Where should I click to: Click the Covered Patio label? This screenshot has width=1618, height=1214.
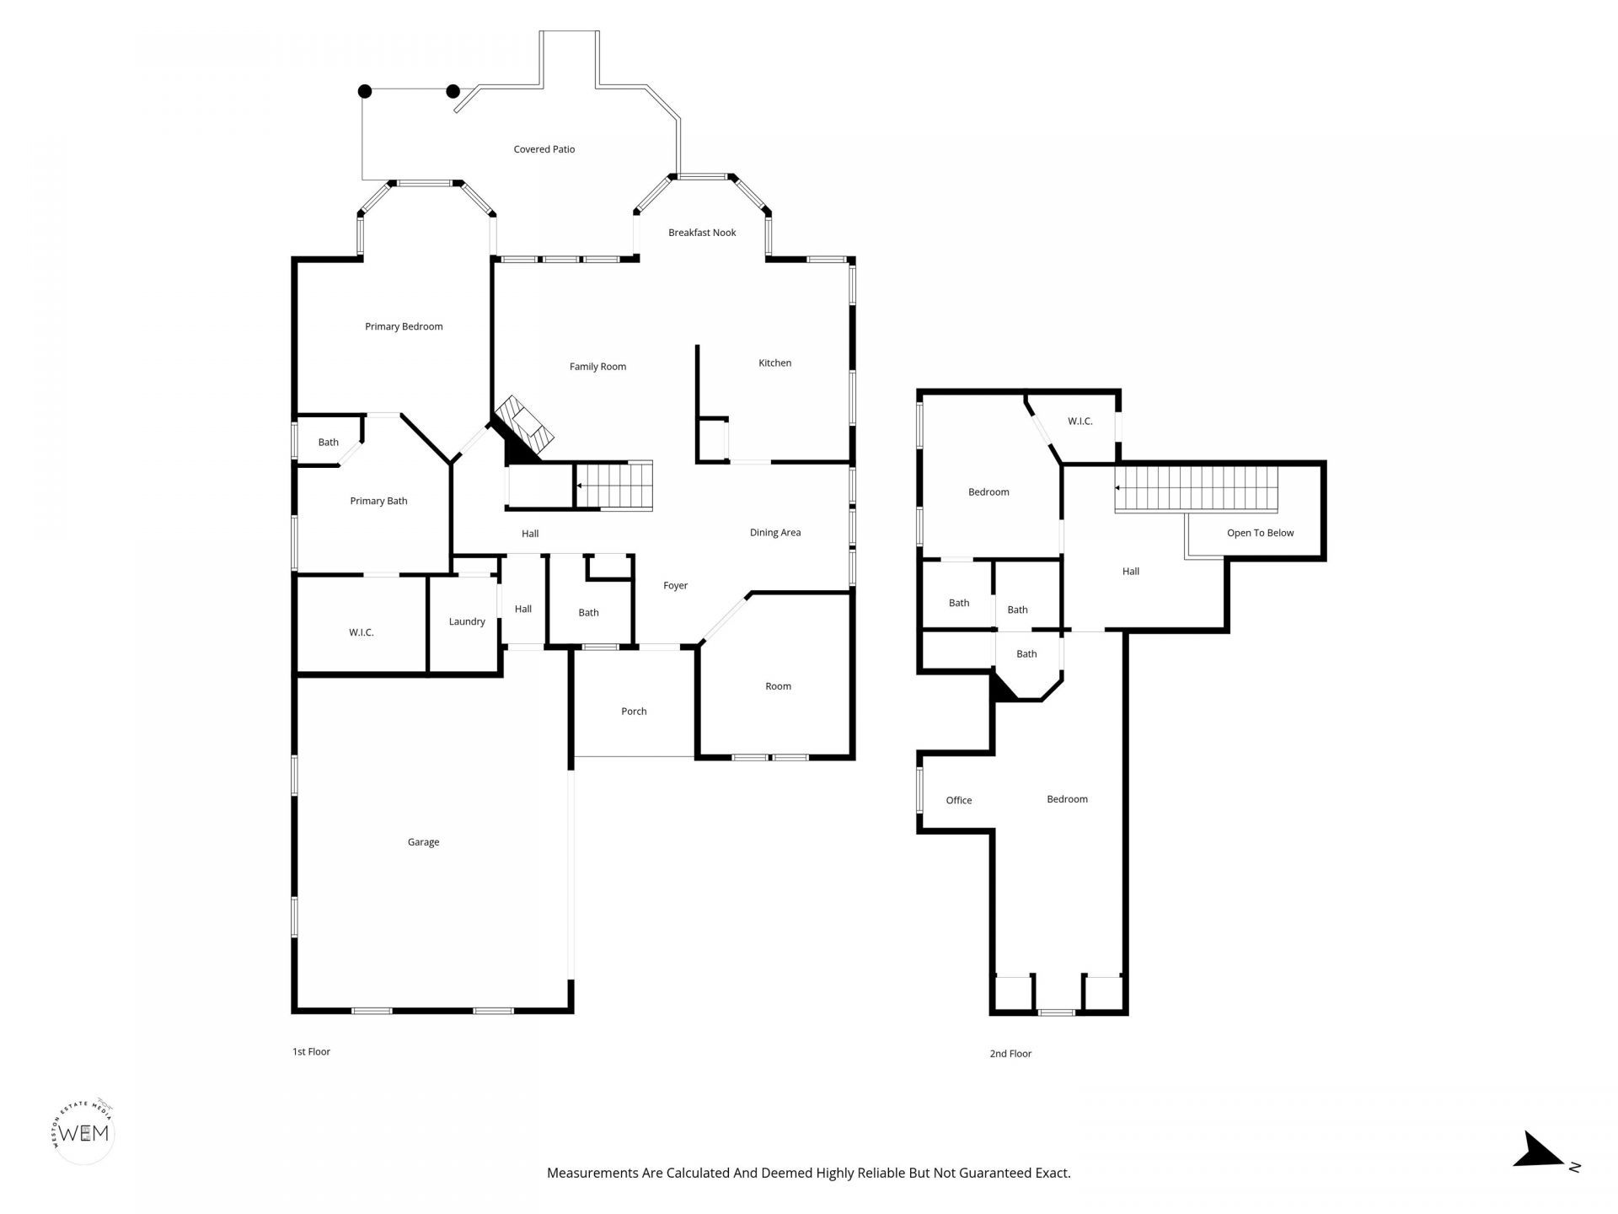click(x=544, y=149)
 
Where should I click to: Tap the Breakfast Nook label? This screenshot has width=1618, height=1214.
click(x=702, y=233)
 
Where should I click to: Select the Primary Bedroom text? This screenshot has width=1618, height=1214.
click(x=404, y=327)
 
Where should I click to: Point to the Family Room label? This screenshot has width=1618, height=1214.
click(x=597, y=367)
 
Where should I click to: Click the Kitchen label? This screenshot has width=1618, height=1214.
click(x=774, y=363)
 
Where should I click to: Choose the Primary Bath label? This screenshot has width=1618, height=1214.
click(x=378, y=501)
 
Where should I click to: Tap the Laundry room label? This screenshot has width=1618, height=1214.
click(x=467, y=622)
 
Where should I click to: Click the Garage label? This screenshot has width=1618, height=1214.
click(x=423, y=842)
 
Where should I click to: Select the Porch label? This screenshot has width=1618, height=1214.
click(x=634, y=712)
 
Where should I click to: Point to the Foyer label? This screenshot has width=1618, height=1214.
click(x=675, y=586)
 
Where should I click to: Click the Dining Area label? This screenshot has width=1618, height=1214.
click(x=775, y=533)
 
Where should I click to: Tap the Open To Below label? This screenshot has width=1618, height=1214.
click(x=1260, y=533)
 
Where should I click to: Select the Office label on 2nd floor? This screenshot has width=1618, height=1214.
click(x=959, y=801)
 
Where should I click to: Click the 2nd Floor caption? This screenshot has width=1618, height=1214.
click(x=1010, y=1054)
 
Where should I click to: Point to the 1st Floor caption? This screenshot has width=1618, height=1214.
click(x=311, y=1052)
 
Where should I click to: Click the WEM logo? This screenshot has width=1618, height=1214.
click(x=83, y=1132)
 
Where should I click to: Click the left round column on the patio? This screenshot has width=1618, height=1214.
click(x=365, y=91)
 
